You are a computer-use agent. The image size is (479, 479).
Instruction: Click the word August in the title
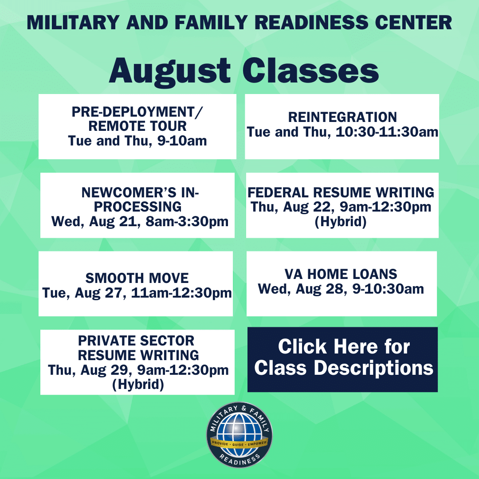(x=169, y=72)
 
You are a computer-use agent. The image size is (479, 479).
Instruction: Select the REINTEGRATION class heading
(x=342, y=117)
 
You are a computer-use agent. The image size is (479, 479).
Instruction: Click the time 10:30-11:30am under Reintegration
(x=387, y=132)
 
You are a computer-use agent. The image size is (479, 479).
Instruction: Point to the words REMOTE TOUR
(x=137, y=126)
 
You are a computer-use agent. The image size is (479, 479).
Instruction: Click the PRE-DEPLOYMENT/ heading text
(x=137, y=112)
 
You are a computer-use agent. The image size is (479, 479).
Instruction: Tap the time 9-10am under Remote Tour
(x=182, y=141)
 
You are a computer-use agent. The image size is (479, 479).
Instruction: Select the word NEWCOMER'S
(x=129, y=192)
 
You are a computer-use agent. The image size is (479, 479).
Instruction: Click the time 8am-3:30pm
(x=187, y=221)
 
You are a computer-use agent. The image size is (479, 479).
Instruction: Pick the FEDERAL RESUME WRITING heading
(x=341, y=192)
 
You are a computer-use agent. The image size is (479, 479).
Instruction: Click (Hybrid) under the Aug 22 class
(x=341, y=222)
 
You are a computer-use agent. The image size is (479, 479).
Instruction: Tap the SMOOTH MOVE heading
(x=137, y=278)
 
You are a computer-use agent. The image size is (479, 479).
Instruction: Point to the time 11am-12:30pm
(x=181, y=293)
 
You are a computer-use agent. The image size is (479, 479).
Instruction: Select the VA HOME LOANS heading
(x=341, y=274)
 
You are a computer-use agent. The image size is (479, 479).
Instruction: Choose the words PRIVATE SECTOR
(x=136, y=341)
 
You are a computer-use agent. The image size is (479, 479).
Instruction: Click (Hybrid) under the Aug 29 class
(x=138, y=385)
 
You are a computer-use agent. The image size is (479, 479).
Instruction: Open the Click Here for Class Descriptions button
(x=342, y=360)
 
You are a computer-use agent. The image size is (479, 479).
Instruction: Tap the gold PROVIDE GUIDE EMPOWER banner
(x=239, y=444)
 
